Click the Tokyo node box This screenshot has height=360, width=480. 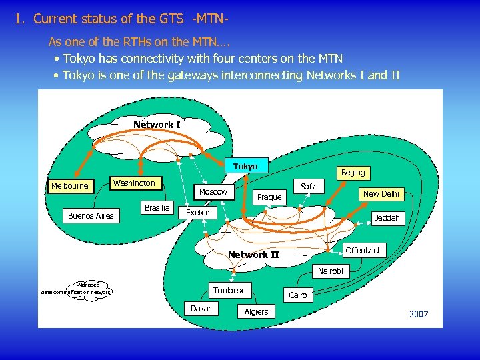click(x=245, y=166)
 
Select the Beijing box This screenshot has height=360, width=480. click(x=353, y=173)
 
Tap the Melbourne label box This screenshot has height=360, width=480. click(x=70, y=185)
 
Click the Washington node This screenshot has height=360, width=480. click(x=133, y=183)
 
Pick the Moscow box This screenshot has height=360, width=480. click(x=213, y=192)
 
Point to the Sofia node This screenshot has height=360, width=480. click(x=309, y=186)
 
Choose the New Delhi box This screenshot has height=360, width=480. click(x=381, y=193)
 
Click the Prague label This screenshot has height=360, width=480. click(x=269, y=197)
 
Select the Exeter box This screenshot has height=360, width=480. click(x=197, y=213)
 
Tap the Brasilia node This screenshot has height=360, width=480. click(x=157, y=207)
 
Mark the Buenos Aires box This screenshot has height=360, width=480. click(x=91, y=215)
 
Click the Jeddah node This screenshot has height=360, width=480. click(x=387, y=218)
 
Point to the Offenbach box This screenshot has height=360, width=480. click(x=364, y=251)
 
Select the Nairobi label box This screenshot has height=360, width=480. click(x=331, y=271)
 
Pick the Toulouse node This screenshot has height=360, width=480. click(x=229, y=290)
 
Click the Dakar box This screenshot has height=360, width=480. click(x=201, y=309)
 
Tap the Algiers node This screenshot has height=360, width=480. click(x=256, y=311)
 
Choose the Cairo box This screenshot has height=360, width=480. click(x=298, y=295)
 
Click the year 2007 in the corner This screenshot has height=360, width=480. click(x=419, y=314)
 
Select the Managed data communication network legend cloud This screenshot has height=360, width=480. click(x=76, y=288)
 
